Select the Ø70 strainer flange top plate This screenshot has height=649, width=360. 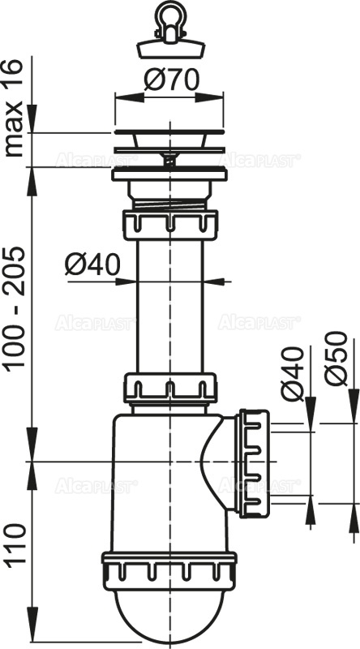pos(169,131)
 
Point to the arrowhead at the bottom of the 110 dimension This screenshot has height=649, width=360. pos(30,638)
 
